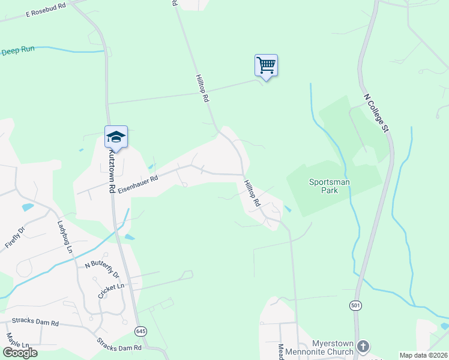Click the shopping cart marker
[x=266, y=65]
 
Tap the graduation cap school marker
[x=116, y=137]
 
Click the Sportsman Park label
[x=330, y=186]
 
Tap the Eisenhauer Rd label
[x=137, y=184]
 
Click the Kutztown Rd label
[x=111, y=171]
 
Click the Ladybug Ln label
[x=65, y=236]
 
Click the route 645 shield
[x=140, y=331]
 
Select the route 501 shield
[x=356, y=306]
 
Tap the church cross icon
[x=363, y=346]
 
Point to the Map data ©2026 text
[x=423, y=355]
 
